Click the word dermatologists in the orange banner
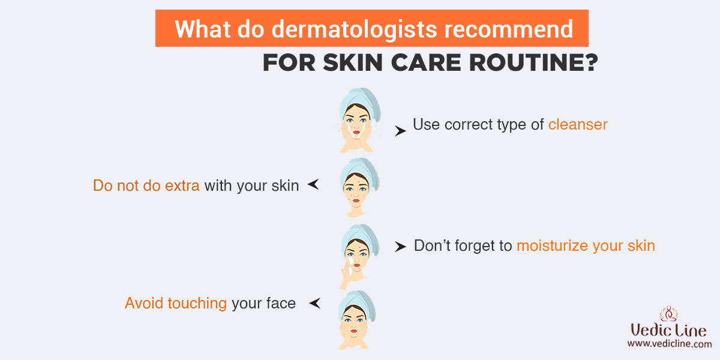pyautogui.click(x=354, y=29)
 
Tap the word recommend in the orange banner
pyautogui.click(x=509, y=29)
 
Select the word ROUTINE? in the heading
pyautogui.click(x=533, y=62)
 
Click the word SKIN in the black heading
pyautogui.click(x=353, y=62)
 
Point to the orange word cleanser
pyautogui.click(x=578, y=125)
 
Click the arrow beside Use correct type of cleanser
pyautogui.click(x=400, y=131)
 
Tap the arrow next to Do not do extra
pyautogui.click(x=313, y=184)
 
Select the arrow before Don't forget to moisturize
pyautogui.click(x=400, y=247)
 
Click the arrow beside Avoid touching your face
pyautogui.click(x=314, y=303)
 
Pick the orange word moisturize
pyautogui.click(x=552, y=246)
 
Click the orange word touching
pyautogui.click(x=197, y=303)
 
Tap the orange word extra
pyautogui.click(x=182, y=186)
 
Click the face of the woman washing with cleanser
pyautogui.click(x=356, y=124)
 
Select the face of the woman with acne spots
pyautogui.click(x=356, y=191)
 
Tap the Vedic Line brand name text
pyautogui.click(x=668, y=330)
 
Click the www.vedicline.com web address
pyautogui.click(x=670, y=344)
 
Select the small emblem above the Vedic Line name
pyautogui.click(x=668, y=314)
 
